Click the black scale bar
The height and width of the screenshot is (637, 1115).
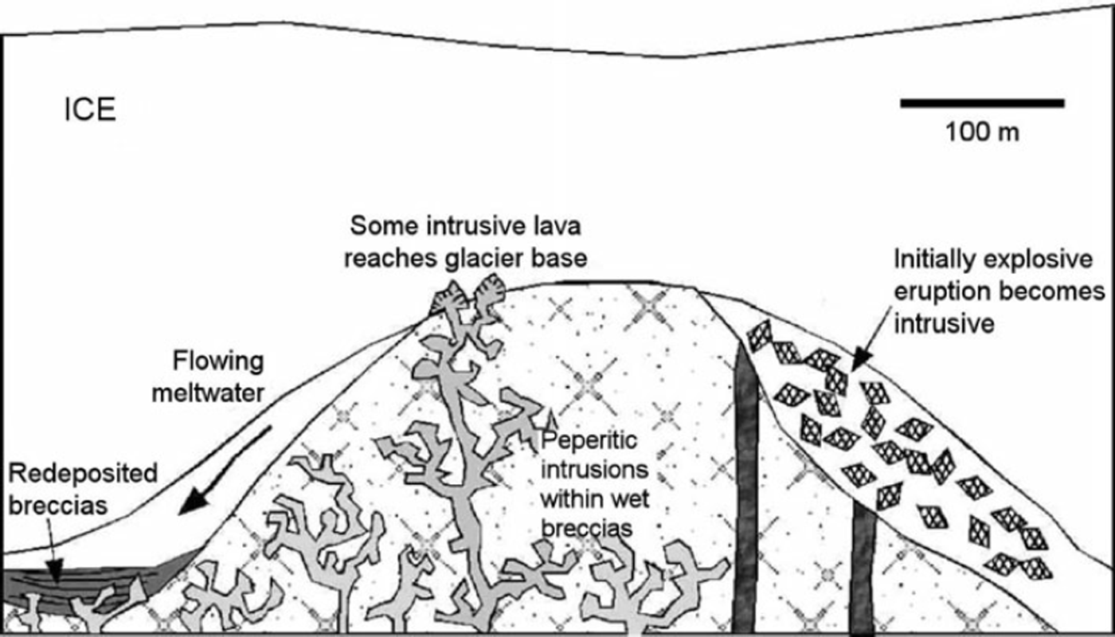pyautogui.click(x=982, y=103)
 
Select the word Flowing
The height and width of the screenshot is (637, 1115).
pyautogui.click(x=217, y=361)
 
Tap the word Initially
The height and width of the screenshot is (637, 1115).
pyautogui.click(x=933, y=260)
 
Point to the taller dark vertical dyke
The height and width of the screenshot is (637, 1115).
pyautogui.click(x=745, y=486)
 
